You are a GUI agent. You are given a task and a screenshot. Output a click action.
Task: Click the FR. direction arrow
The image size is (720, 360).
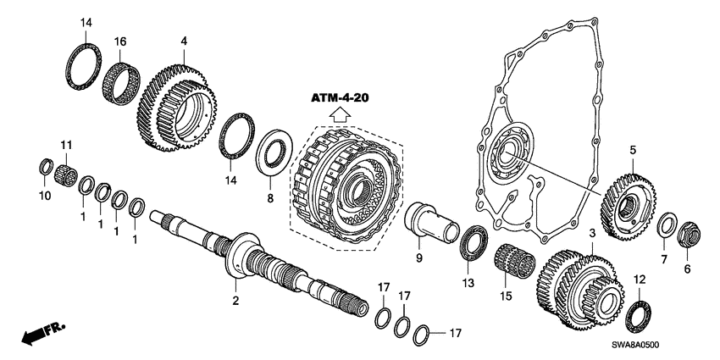[38, 335]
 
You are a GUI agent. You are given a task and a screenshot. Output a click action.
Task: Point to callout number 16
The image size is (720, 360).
[119, 40]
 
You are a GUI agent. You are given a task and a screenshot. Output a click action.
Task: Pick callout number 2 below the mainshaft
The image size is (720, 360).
[236, 300]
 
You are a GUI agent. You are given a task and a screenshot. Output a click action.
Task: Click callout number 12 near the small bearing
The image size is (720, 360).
[639, 279]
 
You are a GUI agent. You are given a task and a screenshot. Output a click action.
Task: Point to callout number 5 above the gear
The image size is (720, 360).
[632, 151]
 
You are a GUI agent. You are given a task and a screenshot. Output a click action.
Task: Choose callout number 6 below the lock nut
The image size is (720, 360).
[687, 269]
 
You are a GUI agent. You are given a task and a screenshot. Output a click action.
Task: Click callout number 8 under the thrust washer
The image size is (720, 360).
[271, 198]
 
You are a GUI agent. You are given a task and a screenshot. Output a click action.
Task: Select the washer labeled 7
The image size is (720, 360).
[666, 224]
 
